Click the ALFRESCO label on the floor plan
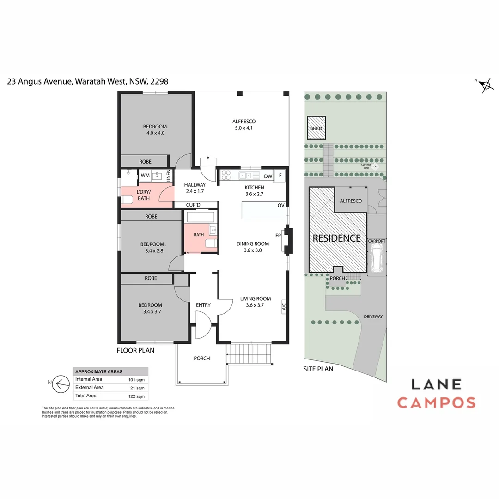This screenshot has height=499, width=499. [x=244, y=122]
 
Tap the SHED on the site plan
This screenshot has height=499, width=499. [x=316, y=128]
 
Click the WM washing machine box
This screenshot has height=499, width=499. [x=145, y=176]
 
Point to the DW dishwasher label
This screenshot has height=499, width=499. [x=268, y=176]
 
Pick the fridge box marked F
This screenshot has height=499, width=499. [x=280, y=176]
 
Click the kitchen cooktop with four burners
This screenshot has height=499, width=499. [x=226, y=175]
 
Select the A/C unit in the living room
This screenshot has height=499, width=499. [x=284, y=307]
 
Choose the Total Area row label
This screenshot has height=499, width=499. [x=86, y=396]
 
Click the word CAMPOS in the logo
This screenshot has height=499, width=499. [x=436, y=402]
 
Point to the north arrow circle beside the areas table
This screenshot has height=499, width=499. [x=61, y=383]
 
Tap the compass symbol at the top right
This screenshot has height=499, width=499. [x=485, y=85]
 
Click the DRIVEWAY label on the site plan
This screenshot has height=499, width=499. [x=373, y=316]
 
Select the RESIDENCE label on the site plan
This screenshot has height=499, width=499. [x=336, y=238]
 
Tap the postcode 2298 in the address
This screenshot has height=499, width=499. [x=159, y=81]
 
